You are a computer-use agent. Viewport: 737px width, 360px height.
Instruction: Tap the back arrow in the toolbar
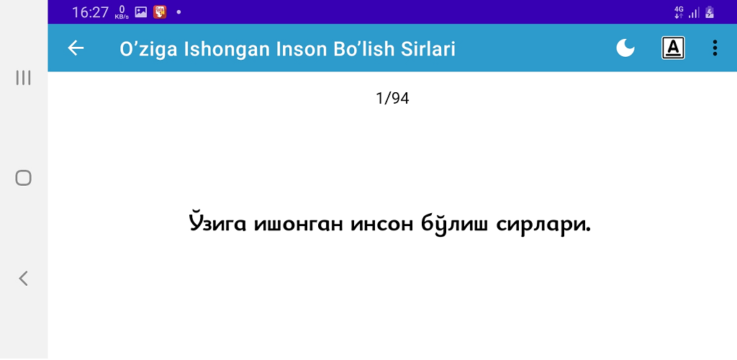click(76, 48)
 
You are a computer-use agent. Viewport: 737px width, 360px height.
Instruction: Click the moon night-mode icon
click(625, 48)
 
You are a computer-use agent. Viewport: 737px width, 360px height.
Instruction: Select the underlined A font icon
click(673, 48)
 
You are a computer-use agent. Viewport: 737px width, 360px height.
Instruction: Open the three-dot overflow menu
click(715, 48)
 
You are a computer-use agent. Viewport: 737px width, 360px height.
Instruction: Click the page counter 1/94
click(392, 98)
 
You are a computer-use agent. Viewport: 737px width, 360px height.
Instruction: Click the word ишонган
click(299, 225)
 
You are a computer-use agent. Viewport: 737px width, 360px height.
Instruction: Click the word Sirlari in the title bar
click(428, 49)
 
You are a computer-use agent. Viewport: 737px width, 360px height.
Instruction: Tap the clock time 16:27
click(90, 12)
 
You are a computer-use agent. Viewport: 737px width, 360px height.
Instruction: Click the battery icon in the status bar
click(710, 12)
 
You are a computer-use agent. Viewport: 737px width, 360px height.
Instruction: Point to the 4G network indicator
click(679, 12)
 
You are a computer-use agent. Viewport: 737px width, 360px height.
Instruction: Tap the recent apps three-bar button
click(23, 78)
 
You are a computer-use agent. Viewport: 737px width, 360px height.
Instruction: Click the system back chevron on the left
click(23, 278)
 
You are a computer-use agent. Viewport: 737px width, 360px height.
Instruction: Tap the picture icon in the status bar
click(141, 12)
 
